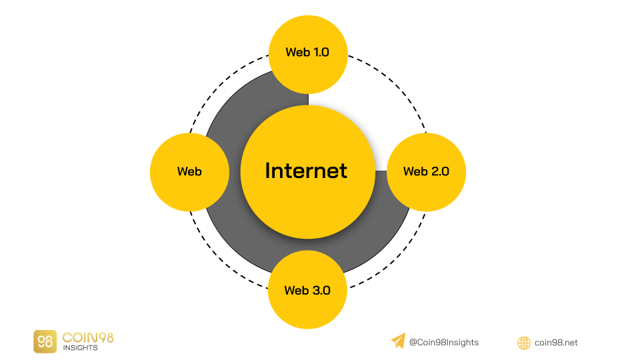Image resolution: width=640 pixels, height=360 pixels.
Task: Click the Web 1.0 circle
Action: pos(308,55)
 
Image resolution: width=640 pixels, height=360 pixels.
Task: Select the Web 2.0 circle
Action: pos(426,172)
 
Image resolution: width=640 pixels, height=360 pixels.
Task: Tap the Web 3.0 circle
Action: pos(307,289)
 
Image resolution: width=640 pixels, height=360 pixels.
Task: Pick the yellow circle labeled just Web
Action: pos(189,172)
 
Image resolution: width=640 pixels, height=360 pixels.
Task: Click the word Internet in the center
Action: pos(306,171)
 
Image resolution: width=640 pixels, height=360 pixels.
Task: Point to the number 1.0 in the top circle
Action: pos(321,52)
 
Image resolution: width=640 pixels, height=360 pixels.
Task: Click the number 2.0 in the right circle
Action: pos(440,171)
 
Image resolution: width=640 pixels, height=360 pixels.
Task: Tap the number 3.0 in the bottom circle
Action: pos(321,290)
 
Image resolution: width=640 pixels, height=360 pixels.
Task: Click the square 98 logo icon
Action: pos(45,341)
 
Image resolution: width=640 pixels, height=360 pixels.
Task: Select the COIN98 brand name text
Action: pos(88,337)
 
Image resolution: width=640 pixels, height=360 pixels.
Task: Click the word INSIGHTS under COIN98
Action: pos(81,348)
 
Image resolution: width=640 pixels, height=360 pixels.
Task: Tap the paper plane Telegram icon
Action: pos(399,341)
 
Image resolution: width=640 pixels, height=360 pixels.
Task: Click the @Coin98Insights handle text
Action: pos(444,343)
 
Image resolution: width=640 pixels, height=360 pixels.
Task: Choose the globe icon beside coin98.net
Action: pos(524,343)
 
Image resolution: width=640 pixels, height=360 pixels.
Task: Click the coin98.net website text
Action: pos(556,343)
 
